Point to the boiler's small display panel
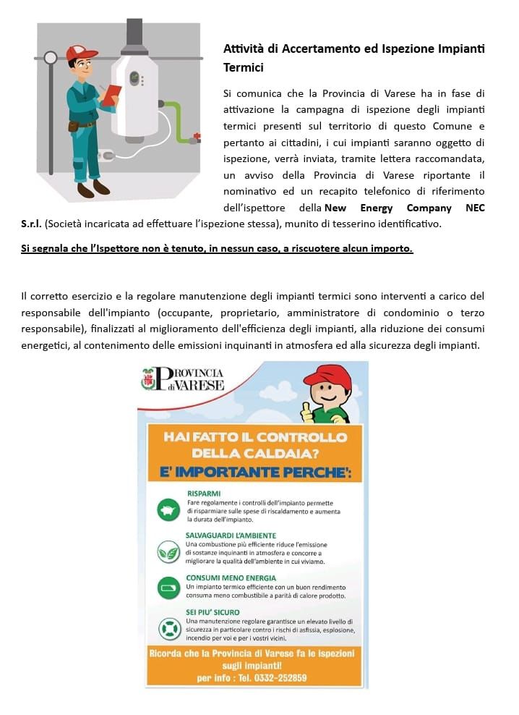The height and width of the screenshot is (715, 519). tap(134, 77)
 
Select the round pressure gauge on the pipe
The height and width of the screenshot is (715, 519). tap(50, 57)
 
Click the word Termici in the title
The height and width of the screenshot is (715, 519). tap(244, 67)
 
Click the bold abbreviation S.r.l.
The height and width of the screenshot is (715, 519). tap(31, 224)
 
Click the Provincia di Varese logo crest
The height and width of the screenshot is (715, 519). tap(148, 379)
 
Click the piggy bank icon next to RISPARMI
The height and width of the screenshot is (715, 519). tap(168, 509)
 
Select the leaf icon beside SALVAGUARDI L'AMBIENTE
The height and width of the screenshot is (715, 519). tap(168, 552)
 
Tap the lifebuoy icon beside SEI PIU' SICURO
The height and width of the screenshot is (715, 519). tap(168, 627)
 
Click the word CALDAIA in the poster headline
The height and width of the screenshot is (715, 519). tap(286, 454)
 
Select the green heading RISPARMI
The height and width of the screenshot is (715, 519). tap(205, 494)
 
